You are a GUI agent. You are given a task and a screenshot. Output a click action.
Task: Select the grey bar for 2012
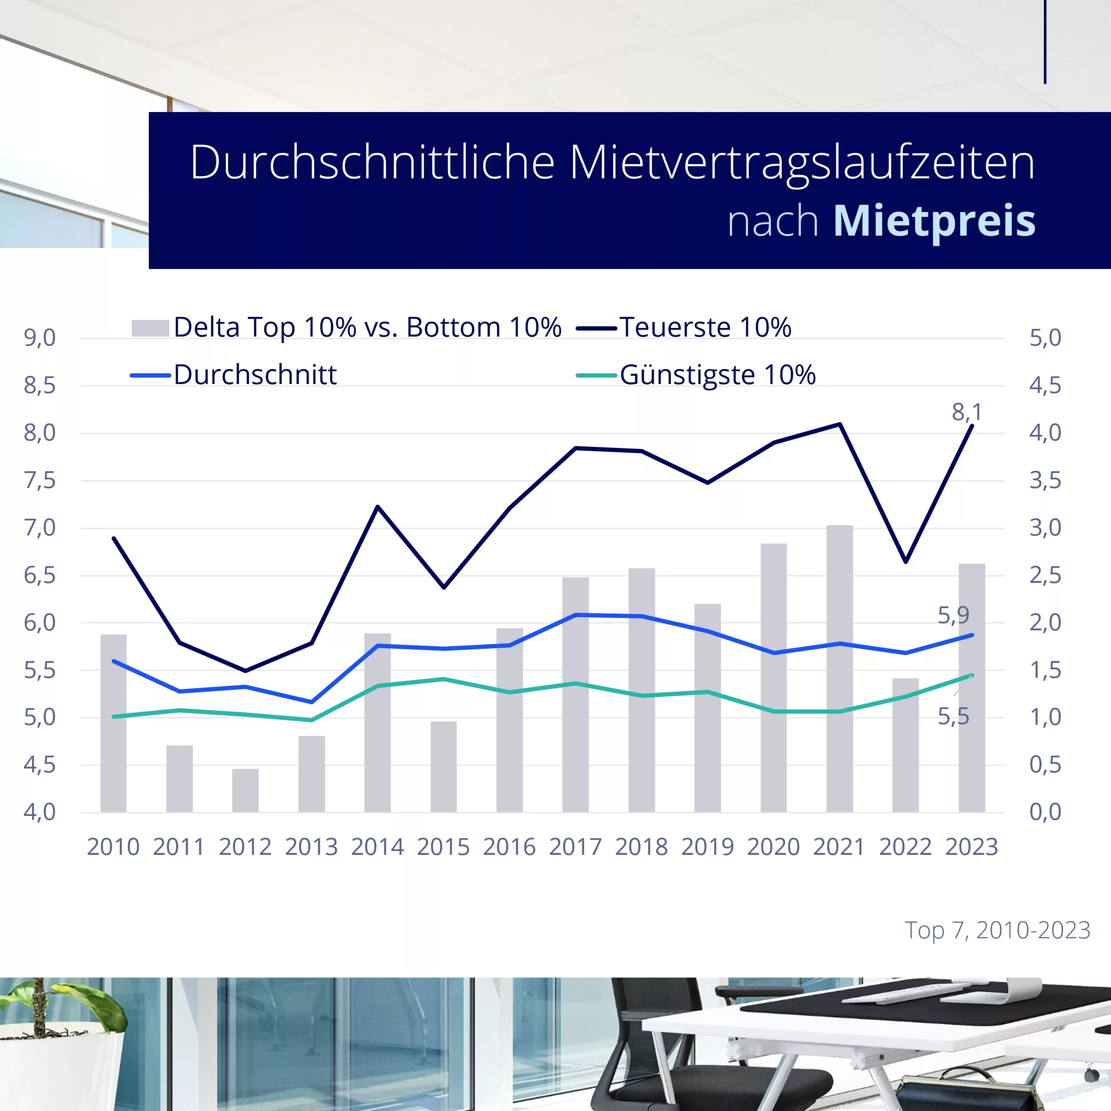coord(245,791)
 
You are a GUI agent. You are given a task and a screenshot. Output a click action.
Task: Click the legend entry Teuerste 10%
coord(705,327)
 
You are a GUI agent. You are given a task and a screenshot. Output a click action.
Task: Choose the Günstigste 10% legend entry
coord(717,375)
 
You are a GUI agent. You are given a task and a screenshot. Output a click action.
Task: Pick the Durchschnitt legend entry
coord(255,375)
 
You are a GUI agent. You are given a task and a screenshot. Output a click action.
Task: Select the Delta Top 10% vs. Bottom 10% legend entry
coord(367,327)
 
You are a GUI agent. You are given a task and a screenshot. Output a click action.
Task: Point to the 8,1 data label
coord(966,412)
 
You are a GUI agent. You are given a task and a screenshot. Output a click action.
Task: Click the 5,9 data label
coord(954,615)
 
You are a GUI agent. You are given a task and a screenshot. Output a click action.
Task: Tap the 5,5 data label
coord(954,717)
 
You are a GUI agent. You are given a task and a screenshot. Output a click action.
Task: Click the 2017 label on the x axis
coord(575,847)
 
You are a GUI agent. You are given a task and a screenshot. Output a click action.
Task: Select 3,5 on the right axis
coord(1045,480)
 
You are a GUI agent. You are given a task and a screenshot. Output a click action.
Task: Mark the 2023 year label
coord(971,847)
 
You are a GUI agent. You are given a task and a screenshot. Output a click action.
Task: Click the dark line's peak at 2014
coord(377,507)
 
